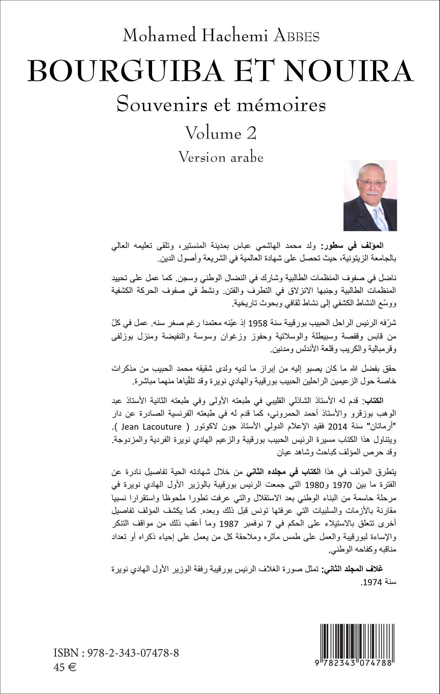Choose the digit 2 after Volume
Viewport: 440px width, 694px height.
click(x=251, y=133)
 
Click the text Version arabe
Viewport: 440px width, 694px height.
click(x=221, y=157)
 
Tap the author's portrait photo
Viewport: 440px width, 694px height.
click(x=370, y=195)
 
